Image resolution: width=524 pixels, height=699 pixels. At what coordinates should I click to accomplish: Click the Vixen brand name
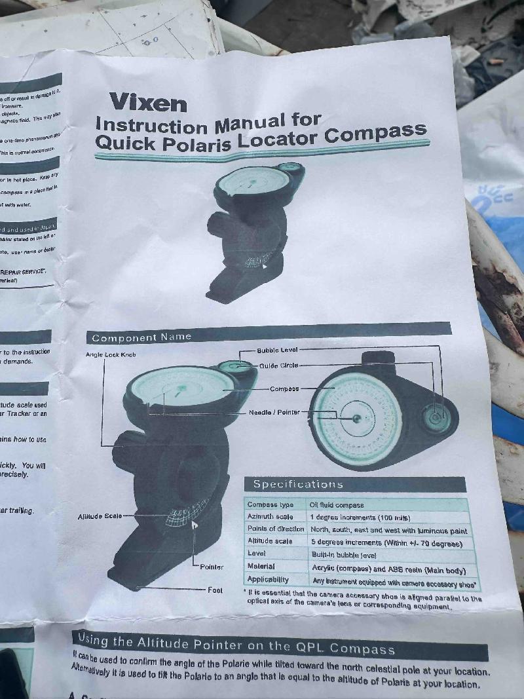click(x=148, y=102)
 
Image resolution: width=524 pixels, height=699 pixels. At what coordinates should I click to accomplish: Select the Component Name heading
click(x=141, y=337)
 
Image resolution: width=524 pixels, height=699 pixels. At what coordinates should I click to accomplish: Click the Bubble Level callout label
click(x=277, y=350)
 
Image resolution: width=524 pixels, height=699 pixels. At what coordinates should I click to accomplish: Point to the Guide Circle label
click(x=278, y=366)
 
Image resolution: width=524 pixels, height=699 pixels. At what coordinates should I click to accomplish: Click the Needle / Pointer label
click(x=274, y=412)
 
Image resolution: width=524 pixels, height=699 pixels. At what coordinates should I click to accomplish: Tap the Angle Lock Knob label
click(x=111, y=354)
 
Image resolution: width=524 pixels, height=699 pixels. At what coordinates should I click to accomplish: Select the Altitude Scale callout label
click(x=100, y=516)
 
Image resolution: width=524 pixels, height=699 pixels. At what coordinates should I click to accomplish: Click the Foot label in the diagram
click(x=215, y=590)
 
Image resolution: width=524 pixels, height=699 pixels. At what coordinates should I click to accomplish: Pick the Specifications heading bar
click(x=354, y=485)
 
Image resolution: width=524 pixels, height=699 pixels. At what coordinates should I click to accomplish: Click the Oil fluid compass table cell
click(x=337, y=505)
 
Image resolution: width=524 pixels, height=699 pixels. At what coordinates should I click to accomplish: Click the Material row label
click(x=261, y=566)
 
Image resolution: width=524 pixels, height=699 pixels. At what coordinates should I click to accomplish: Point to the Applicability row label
click(x=268, y=579)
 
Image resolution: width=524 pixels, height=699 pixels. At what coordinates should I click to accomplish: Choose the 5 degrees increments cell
click(x=386, y=543)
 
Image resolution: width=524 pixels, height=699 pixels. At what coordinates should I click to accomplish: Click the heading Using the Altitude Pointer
click(x=236, y=644)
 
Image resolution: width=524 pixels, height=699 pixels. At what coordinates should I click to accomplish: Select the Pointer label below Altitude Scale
click(x=211, y=567)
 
